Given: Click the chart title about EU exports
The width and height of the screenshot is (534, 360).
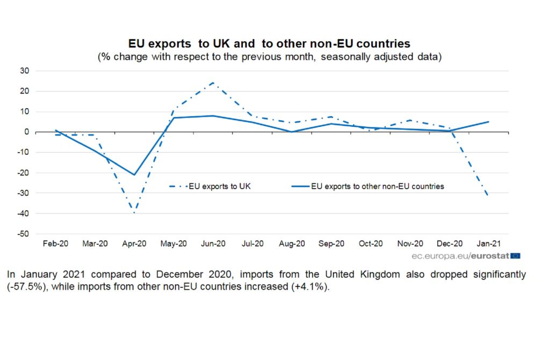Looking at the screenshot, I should tap(269, 44).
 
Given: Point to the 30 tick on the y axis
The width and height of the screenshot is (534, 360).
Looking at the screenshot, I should tap(24, 71).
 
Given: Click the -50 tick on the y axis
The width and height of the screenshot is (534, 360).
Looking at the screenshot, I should tap(23, 234).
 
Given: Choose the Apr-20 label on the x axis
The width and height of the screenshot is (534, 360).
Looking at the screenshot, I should tap(134, 243).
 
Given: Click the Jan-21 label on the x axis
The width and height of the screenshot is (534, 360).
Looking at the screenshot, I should tap(488, 243).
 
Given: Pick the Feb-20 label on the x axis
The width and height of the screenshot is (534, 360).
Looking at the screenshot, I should tap(55, 243).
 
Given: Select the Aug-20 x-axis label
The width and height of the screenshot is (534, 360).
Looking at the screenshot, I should tap(292, 243).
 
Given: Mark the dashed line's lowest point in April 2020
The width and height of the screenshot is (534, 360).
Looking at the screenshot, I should tap(134, 213).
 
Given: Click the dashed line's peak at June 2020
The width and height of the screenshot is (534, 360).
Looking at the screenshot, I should tap(213, 83).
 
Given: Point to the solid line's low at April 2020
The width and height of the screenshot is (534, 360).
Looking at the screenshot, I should tap(134, 175).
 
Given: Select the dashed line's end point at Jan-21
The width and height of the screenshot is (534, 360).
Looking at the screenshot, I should tap(488, 195).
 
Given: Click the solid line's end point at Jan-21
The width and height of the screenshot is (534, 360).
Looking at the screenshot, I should tap(488, 121).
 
